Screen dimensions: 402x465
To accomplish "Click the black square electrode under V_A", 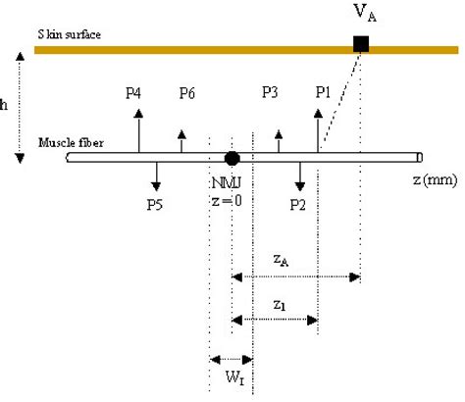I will coord(361,43).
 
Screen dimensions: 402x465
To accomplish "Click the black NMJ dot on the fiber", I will coord(232,157).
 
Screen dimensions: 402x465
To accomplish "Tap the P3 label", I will coord(271,92).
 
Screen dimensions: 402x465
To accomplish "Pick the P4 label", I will coord(134,92).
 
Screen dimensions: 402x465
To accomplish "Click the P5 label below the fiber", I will coord(155,205).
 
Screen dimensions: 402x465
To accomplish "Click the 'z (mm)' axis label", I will coord(433,181).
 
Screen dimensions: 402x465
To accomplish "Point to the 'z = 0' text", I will coord(226,200).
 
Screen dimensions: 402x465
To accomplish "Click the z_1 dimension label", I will coord(281,304).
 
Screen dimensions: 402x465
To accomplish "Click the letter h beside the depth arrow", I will coord(6,102).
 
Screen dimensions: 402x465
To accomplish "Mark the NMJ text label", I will coord(223,182).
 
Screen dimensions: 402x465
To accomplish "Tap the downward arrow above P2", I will coord(300,175).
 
